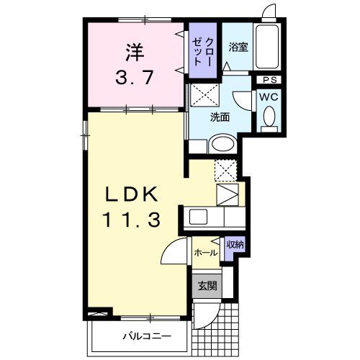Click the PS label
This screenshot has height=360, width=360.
pyautogui.click(x=270, y=79)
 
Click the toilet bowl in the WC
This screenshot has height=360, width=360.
pyautogui.click(x=269, y=116)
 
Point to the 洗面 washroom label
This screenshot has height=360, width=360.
pyautogui.click(x=220, y=117)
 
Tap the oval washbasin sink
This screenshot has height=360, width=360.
pyautogui.click(x=221, y=145)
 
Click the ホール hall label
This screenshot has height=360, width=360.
pyautogui.click(x=206, y=252)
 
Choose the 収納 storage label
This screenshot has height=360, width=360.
pyautogui.click(x=235, y=245)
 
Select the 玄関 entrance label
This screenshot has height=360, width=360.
pyautogui.click(x=207, y=285)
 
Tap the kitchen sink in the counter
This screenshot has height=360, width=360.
pyautogui.click(x=198, y=217)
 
